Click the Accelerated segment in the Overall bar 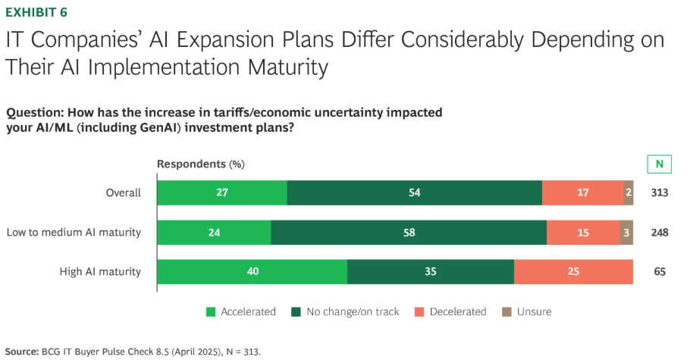tap(221, 193)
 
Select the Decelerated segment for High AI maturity tap(573, 271)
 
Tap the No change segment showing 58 tap(408, 232)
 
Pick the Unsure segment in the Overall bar tap(629, 193)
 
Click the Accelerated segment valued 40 tap(252, 271)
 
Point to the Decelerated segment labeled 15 tap(582, 232)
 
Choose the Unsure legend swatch tap(507, 311)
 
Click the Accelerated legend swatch tap(212, 311)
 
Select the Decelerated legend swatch tap(419, 311)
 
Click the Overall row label tap(123, 193)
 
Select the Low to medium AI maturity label tap(74, 232)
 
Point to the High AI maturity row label tap(100, 271)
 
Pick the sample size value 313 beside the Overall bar tap(659, 193)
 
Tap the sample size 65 tap(659, 271)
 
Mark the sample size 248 tap(659, 232)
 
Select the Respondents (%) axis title tap(200, 164)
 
